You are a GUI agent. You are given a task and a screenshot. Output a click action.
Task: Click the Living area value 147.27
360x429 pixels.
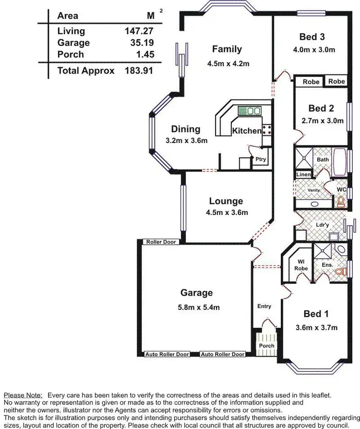point(139,31)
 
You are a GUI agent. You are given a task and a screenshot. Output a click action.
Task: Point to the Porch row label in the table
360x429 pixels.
point(71,54)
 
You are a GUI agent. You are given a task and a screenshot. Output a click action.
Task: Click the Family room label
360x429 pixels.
point(227,49)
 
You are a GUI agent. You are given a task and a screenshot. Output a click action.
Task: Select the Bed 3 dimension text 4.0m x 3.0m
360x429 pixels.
point(314,49)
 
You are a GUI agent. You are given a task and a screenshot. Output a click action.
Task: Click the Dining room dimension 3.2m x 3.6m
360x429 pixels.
point(186,141)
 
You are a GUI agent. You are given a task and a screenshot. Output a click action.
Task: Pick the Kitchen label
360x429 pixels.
point(247,131)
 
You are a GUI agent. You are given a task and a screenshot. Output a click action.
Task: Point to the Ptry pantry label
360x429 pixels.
point(261,160)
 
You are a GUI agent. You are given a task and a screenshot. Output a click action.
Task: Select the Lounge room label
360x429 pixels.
point(226,201)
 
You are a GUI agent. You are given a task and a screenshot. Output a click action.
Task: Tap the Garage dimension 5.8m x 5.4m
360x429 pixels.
point(196,307)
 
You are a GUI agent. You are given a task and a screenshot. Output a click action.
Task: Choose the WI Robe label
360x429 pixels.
point(301,265)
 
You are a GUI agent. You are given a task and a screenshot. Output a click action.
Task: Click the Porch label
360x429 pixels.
point(266,346)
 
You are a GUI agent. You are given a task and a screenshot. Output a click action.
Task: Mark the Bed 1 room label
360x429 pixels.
point(316,314)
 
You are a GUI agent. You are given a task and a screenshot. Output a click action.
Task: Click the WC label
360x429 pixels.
point(342,190)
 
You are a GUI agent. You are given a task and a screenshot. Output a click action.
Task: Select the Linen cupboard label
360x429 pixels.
point(303,175)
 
